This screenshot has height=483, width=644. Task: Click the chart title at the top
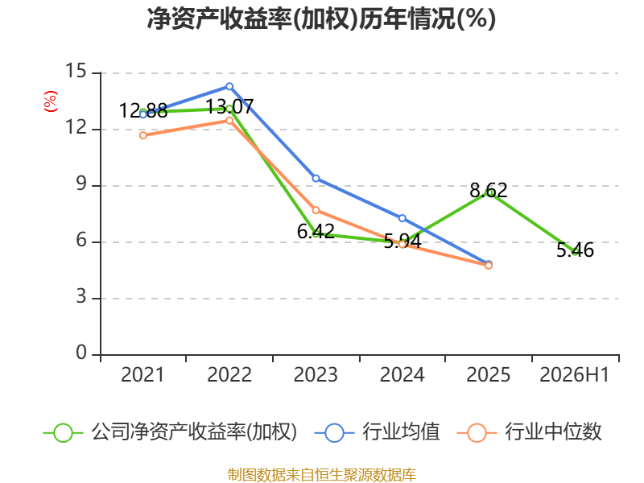pos(321,19)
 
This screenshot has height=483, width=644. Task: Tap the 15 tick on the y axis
pos(76,71)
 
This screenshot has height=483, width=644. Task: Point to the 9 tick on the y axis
pos(81,184)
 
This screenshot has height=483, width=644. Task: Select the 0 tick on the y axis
pos(81,353)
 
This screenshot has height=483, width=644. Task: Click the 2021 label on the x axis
pos(142,375)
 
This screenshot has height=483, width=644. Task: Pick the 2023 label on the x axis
pos(316,375)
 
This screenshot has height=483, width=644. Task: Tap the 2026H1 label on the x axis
pos(574,375)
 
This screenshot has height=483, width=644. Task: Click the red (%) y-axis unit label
pos(51,101)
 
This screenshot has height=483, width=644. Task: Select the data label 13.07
pos(229,107)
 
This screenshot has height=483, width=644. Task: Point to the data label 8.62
pos(489,190)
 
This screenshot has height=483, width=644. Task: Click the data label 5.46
pos(575,250)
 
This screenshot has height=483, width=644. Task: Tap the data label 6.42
pos(316,231)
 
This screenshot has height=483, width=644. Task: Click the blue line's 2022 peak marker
pos(229,86)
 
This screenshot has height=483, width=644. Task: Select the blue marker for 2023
pos(316,178)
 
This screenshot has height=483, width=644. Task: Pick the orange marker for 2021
pos(143,135)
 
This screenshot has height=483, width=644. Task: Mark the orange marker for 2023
pos(316,210)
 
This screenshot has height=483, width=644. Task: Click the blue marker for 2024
pos(402,218)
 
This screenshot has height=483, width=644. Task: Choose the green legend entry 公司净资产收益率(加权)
pos(170,432)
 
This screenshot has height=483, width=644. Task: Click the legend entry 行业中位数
pos(529,432)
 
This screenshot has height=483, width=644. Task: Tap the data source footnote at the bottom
pos(322,475)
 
